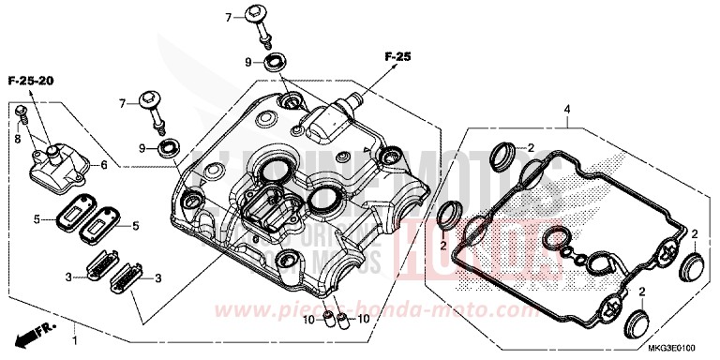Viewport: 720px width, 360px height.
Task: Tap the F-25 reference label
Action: (x=397, y=58)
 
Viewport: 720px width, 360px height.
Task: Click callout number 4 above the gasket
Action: (x=566, y=111)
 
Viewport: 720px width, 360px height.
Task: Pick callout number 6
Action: (x=104, y=164)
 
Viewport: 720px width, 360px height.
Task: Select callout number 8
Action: (x=17, y=138)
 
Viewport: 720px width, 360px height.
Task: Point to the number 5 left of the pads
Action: (x=37, y=219)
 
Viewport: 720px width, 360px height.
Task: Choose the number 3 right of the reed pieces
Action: (x=157, y=277)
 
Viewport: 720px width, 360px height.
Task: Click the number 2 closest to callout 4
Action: (x=530, y=148)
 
